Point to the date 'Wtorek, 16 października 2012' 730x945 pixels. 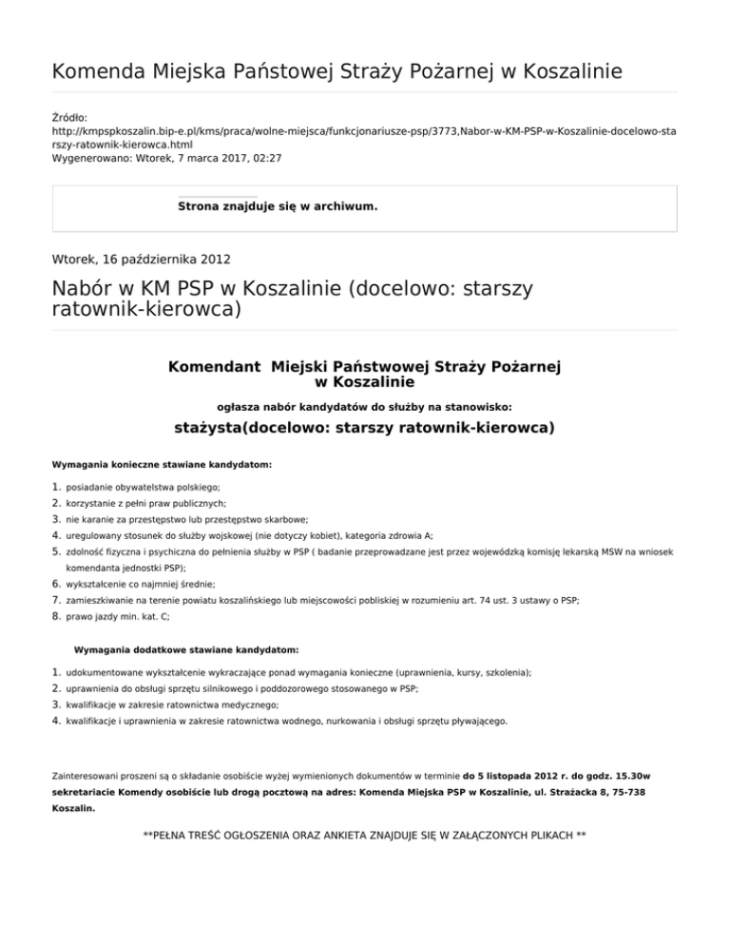click(x=141, y=257)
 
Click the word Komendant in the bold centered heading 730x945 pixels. click(x=215, y=367)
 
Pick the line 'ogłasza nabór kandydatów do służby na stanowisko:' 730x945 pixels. click(x=364, y=405)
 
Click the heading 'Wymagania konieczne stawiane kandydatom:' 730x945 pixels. click(x=162, y=465)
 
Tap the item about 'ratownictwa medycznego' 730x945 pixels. click(x=172, y=704)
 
